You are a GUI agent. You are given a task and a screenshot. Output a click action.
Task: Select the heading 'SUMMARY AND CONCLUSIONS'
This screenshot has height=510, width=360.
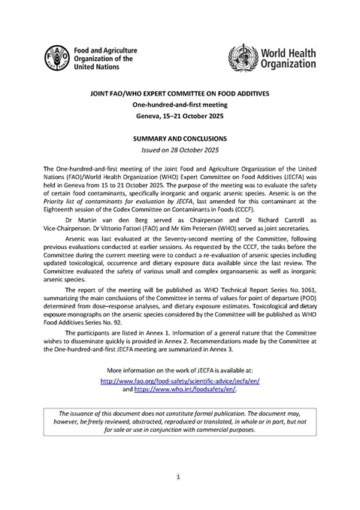[180, 140]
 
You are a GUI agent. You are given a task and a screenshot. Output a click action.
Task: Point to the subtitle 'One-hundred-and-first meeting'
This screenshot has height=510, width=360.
[180, 107]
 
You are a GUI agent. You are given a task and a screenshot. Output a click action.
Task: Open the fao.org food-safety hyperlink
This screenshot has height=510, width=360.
[180, 381]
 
